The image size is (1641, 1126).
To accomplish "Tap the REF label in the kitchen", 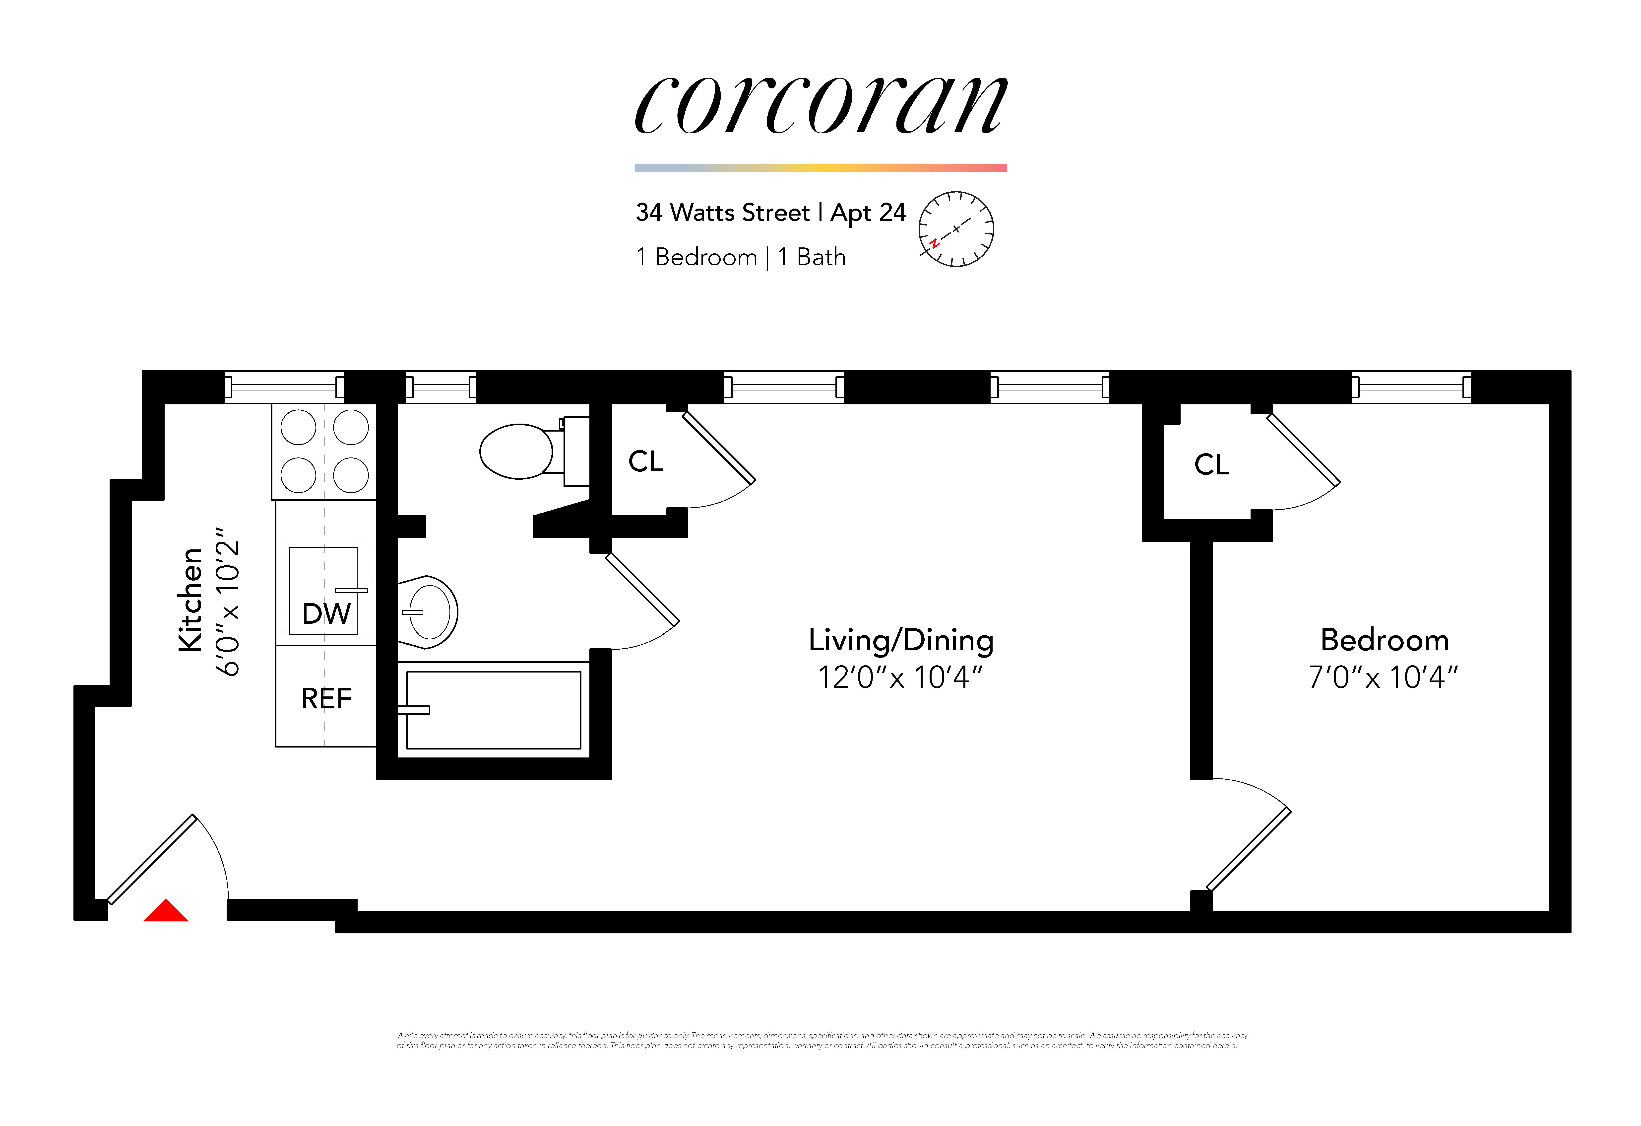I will (326, 699).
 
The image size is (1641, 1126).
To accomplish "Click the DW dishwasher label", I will (326, 613).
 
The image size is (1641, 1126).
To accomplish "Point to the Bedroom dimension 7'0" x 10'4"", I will (1383, 677).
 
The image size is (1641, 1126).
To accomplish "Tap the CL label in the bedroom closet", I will (1212, 465).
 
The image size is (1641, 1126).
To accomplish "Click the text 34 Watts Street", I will (722, 213).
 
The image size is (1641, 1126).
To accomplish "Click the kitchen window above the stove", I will (284, 387).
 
